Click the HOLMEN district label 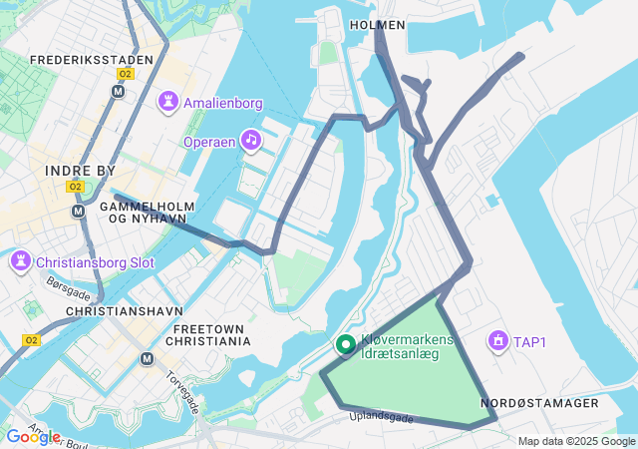coord(378,25)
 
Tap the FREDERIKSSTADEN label coord(92,60)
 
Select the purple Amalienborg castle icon coord(167,102)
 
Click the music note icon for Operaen coord(251,141)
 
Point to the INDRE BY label coord(81,171)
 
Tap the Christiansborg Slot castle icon coord(20,263)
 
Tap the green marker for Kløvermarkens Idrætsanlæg coord(346,345)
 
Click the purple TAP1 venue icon coord(495,342)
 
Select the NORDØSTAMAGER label coord(539,403)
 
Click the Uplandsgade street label coord(381,418)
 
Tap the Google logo coord(32,436)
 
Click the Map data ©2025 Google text coord(576,441)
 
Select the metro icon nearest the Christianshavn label coord(148,359)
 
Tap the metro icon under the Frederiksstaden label coord(120,91)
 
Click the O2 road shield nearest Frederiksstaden coord(125,74)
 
